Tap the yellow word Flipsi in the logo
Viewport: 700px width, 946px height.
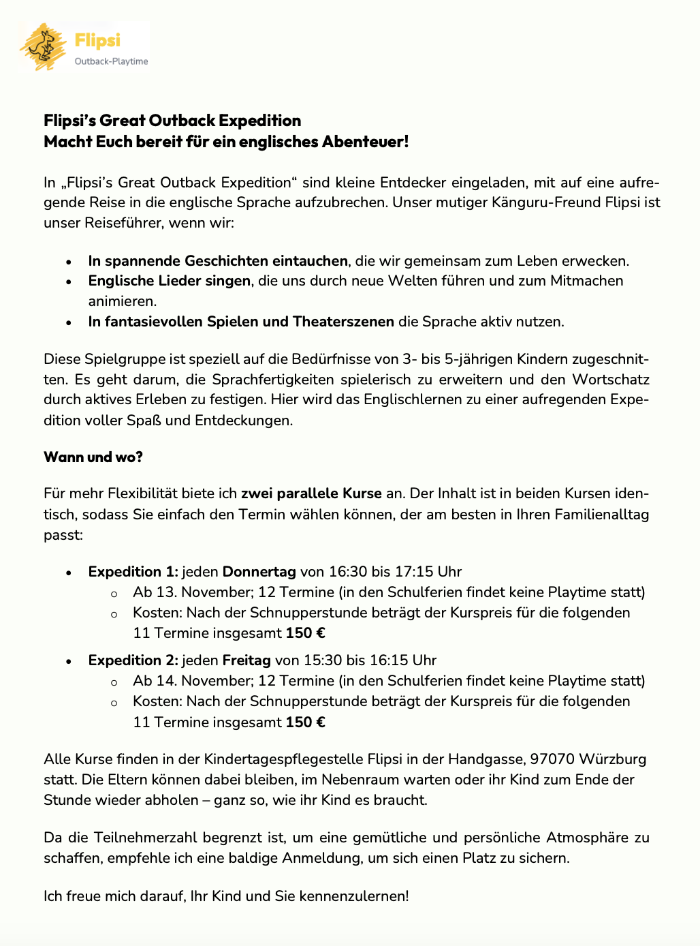pyautogui.click(x=97, y=40)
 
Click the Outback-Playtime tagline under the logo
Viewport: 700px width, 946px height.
pyautogui.click(x=111, y=61)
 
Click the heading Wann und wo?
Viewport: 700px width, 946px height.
pyautogui.click(x=93, y=457)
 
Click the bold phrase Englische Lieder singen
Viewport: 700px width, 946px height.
pyautogui.click(x=170, y=281)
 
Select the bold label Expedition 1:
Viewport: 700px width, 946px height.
pyautogui.click(x=133, y=572)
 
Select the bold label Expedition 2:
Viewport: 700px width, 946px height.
pyautogui.click(x=133, y=660)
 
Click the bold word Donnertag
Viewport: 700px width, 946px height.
pyautogui.click(x=259, y=572)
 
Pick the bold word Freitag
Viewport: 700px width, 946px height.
pyautogui.click(x=246, y=660)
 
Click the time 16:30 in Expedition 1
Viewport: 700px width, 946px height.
pyautogui.click(x=347, y=572)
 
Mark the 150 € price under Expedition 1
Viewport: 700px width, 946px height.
pyautogui.click(x=305, y=633)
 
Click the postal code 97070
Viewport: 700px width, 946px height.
pyautogui.click(x=553, y=759)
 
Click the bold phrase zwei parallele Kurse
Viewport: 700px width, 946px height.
pyautogui.click(x=311, y=493)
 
